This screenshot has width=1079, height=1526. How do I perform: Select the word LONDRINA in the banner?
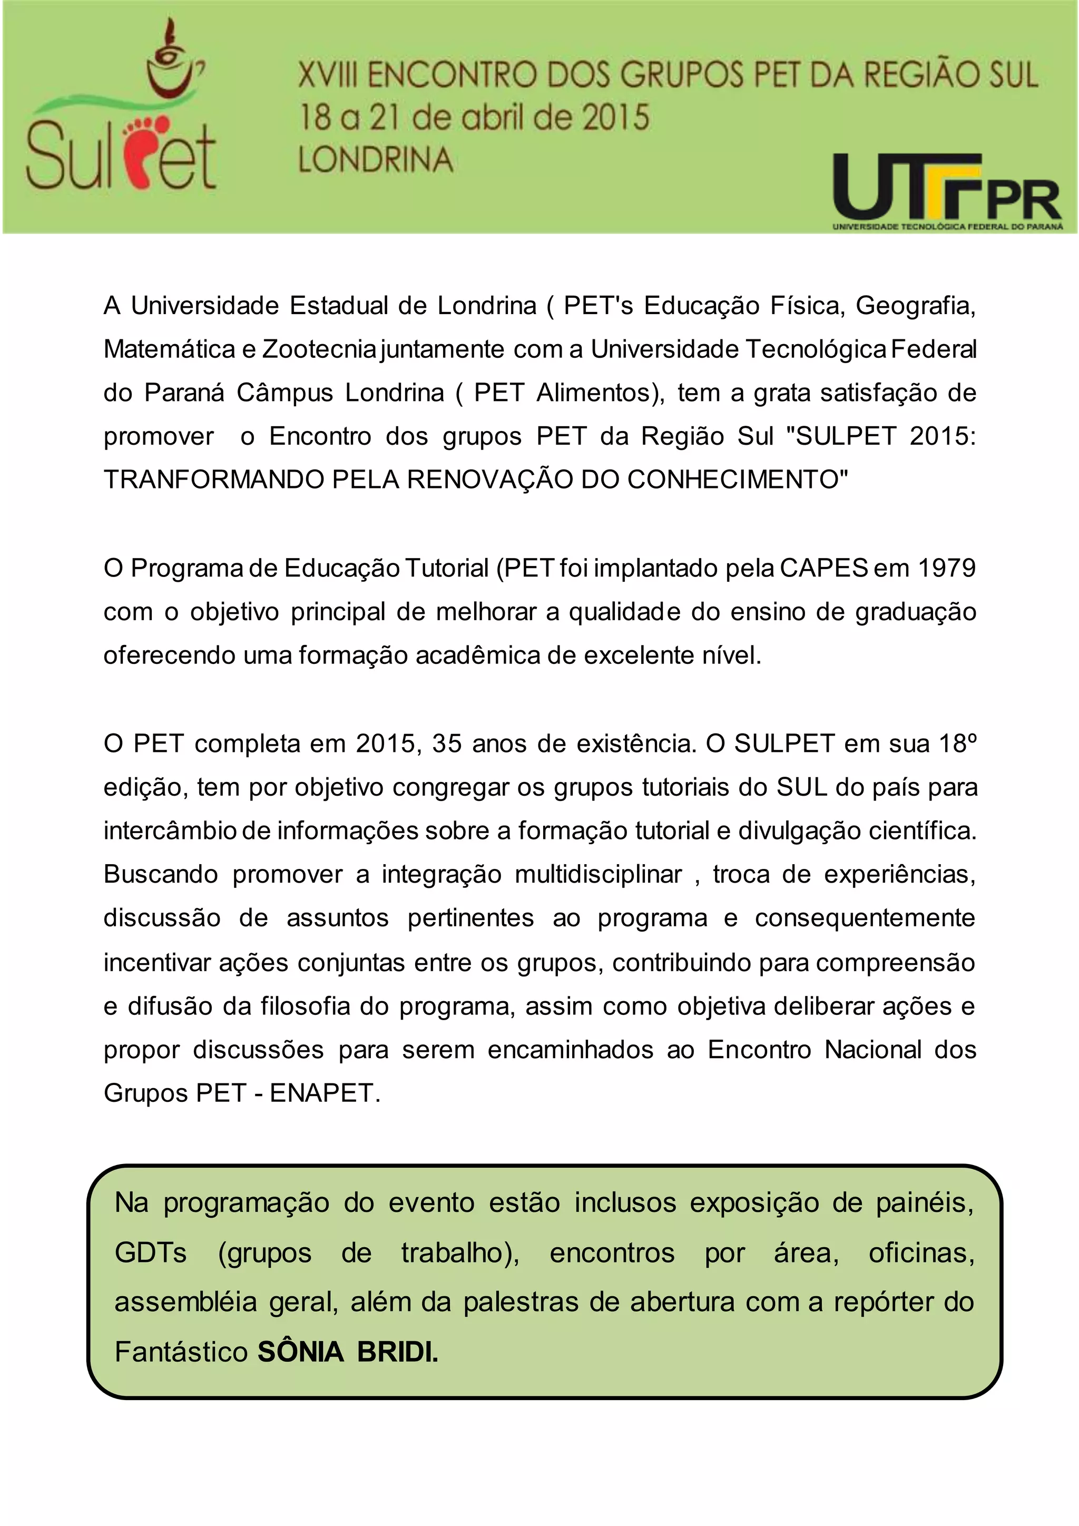(376, 160)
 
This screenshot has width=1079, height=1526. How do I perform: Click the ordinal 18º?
(957, 743)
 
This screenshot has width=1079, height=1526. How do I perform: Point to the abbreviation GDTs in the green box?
(151, 1253)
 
